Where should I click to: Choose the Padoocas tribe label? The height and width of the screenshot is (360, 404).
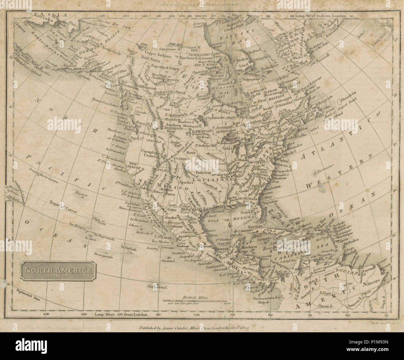point(204,172)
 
